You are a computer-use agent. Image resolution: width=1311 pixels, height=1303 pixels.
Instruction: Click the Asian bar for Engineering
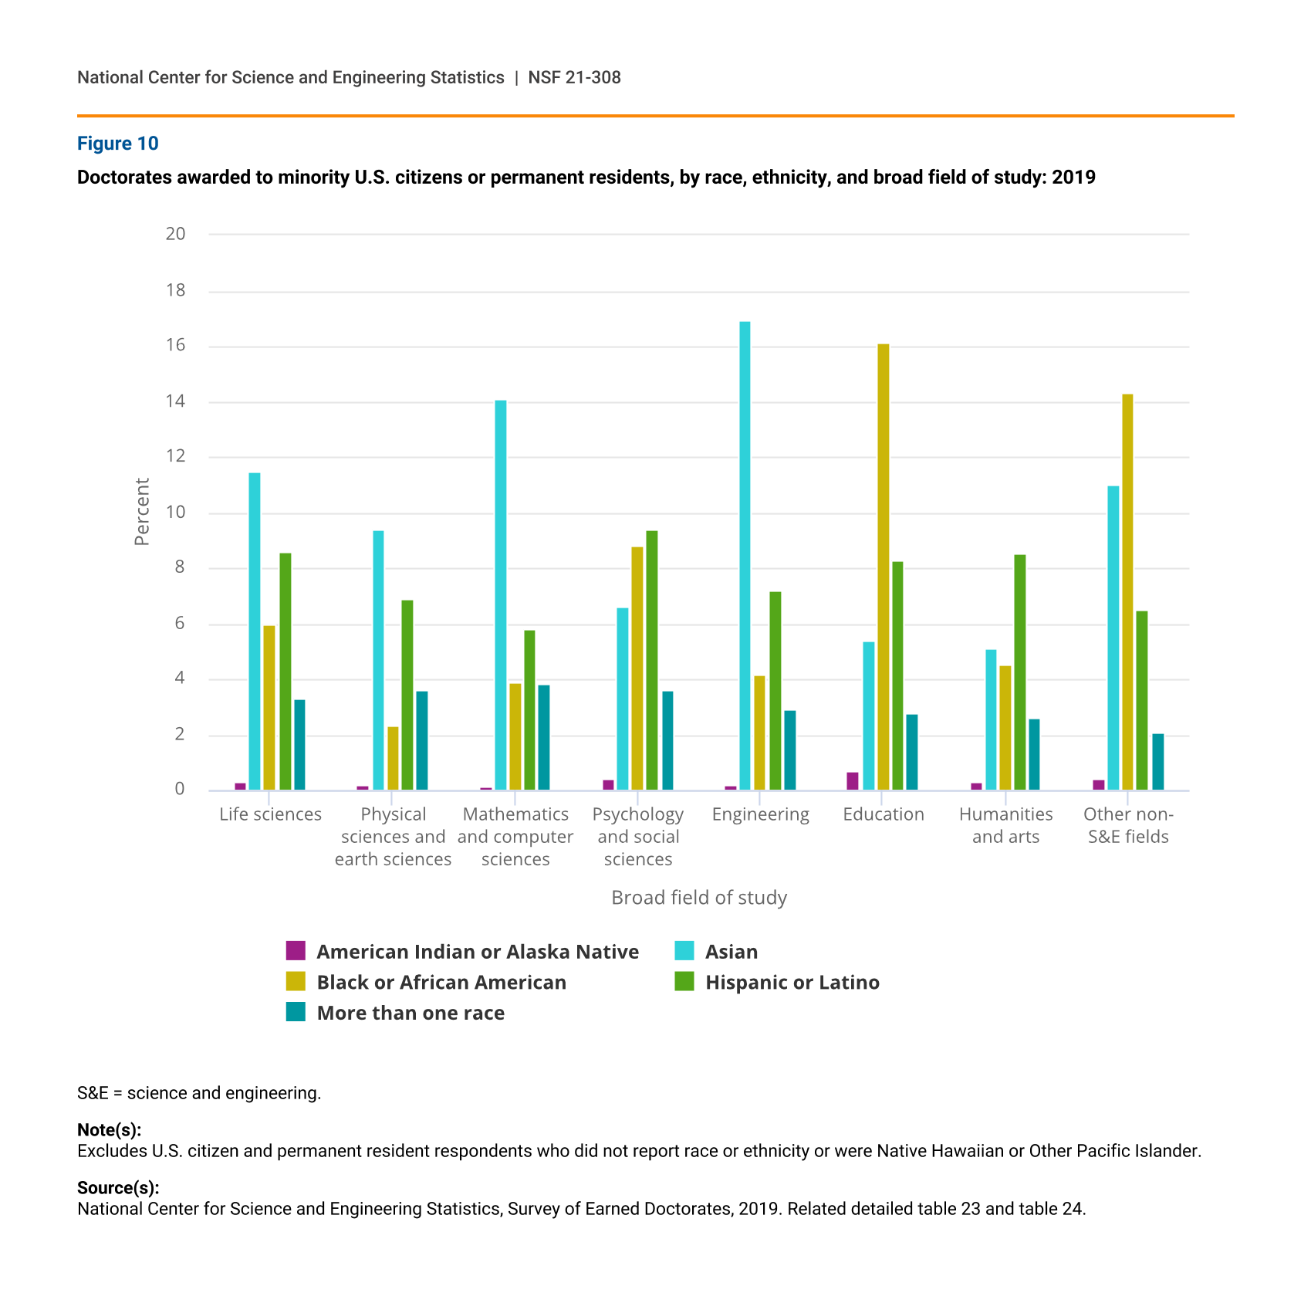coord(745,556)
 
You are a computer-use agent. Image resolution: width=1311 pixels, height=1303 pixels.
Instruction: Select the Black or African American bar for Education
coord(883,567)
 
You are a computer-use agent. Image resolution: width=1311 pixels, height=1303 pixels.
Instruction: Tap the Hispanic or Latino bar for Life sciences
coord(286,672)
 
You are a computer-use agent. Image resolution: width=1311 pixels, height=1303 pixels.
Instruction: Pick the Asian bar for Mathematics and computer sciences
coord(501,595)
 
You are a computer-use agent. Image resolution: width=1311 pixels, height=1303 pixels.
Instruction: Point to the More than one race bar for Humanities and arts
coord(1034,755)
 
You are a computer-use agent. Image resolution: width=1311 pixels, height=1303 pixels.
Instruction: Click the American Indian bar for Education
coord(853,781)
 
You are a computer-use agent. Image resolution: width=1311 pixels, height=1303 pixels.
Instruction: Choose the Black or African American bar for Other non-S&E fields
coord(1127,592)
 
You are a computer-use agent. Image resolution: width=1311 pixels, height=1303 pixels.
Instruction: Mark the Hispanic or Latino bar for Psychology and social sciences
coord(652,661)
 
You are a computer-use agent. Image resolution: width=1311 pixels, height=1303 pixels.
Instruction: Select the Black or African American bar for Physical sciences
coord(393,759)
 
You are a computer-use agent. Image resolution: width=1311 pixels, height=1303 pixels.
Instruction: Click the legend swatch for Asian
coord(684,950)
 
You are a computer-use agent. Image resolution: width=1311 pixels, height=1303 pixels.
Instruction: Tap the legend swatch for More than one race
coord(296,1012)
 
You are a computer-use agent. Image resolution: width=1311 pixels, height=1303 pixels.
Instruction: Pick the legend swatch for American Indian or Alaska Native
coord(296,950)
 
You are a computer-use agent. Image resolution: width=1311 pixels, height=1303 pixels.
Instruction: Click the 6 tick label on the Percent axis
coord(180,624)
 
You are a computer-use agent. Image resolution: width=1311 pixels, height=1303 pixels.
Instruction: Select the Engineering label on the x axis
coord(760,815)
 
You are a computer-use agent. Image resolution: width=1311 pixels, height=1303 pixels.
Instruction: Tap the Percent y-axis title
coord(142,512)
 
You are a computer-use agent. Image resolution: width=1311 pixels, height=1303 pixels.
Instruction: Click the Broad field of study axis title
coord(699,898)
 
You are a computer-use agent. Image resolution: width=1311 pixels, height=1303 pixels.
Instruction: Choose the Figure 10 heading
coord(118,144)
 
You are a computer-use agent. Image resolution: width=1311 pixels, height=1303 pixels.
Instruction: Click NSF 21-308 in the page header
coord(575,77)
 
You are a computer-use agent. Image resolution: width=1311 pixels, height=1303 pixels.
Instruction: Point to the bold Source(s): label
coord(118,1188)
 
